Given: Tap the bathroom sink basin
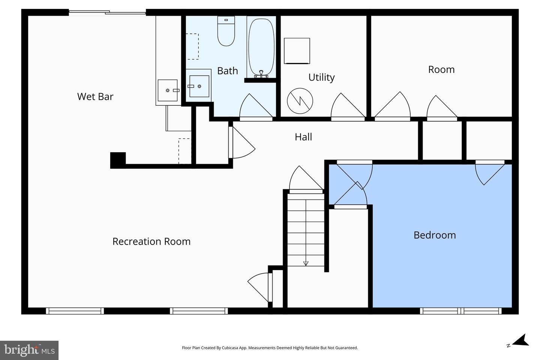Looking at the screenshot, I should pos(199,86).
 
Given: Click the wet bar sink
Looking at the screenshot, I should pos(168,90).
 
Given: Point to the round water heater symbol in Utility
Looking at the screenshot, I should pos(300,101).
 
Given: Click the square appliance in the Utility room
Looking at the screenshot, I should pos(297,51).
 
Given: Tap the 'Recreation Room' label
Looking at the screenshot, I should pos(151,241).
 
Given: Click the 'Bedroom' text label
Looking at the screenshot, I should pos(435,235).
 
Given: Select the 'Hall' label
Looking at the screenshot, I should pos(303,137).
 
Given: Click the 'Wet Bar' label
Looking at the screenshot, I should pos(95,96).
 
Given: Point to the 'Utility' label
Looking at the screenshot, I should pos(321,77).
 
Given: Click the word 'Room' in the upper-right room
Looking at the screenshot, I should pos(441,69).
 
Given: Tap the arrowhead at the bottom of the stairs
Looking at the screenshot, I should pos(306,263).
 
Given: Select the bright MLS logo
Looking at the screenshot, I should pos(29,350).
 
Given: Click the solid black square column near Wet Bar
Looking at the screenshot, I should pos(118,160).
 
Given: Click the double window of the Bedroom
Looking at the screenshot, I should pos(461,311).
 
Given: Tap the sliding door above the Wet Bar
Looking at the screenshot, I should pos(107,13).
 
